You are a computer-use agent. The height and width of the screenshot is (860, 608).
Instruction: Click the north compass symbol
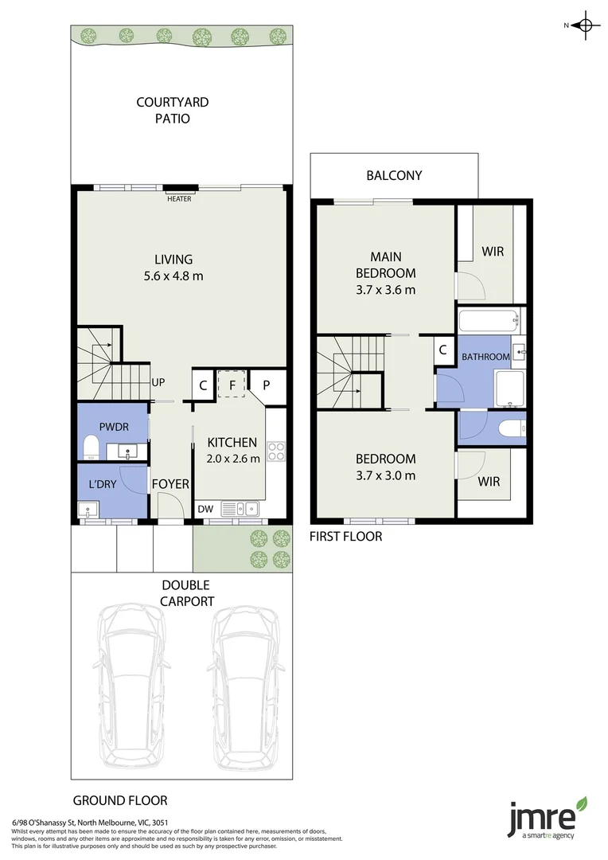click(586, 25)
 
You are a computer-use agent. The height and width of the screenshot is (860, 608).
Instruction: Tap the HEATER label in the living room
click(179, 199)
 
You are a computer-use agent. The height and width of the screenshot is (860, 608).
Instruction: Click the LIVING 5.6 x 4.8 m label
click(173, 268)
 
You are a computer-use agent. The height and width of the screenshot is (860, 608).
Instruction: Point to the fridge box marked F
click(232, 384)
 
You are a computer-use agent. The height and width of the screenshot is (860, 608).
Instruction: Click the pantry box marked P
click(267, 385)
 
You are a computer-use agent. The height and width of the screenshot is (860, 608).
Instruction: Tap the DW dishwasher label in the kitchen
click(205, 508)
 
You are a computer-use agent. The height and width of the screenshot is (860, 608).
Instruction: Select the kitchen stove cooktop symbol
click(276, 451)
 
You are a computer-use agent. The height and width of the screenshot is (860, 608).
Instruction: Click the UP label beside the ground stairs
click(158, 382)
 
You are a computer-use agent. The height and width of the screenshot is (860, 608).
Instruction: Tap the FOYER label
click(170, 483)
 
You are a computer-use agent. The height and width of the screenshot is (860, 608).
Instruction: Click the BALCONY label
click(394, 175)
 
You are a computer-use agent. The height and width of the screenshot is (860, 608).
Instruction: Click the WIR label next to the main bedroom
click(493, 252)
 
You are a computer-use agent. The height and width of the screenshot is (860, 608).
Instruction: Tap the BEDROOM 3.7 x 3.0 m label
click(385, 467)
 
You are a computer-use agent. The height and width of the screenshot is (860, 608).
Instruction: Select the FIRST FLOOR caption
click(345, 537)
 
